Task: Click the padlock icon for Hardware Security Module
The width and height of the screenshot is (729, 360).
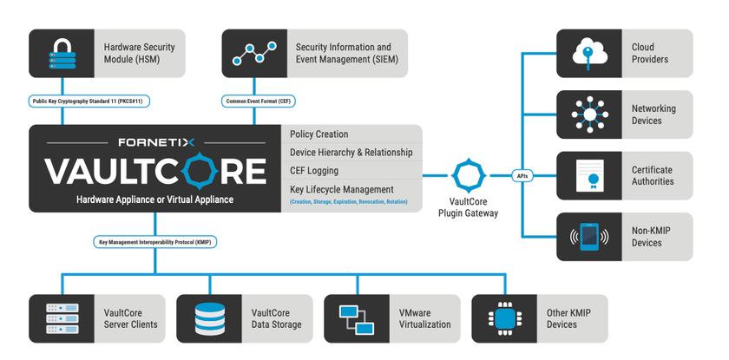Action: pyautogui.click(x=62, y=53)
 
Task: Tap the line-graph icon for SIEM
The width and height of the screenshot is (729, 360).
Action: pyautogui.click(x=254, y=53)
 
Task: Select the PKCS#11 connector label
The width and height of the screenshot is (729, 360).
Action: pyautogui.click(x=90, y=101)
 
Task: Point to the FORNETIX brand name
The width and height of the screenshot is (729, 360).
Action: pyautogui.click(x=155, y=141)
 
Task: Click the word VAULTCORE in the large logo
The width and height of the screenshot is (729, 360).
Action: pyautogui.click(x=155, y=170)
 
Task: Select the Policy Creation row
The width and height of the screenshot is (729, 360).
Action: pyautogui.click(x=320, y=134)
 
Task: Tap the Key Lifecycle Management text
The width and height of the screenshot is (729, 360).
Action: pyautogui.click(x=344, y=189)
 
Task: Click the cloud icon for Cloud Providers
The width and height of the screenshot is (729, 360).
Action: pyautogui.click(x=588, y=53)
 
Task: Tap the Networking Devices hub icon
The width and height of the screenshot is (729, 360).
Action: pyautogui.click(x=588, y=115)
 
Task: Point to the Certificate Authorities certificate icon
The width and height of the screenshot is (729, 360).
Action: pyautogui.click(x=588, y=176)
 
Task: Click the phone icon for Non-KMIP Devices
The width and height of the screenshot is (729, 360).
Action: pyautogui.click(x=588, y=237)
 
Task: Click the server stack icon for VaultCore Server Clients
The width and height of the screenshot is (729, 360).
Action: pyautogui.click(x=62, y=318)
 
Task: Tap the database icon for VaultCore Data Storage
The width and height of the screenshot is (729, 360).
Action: pyautogui.click(x=210, y=318)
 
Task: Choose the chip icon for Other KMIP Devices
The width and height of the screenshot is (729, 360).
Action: pyautogui.click(x=505, y=318)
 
